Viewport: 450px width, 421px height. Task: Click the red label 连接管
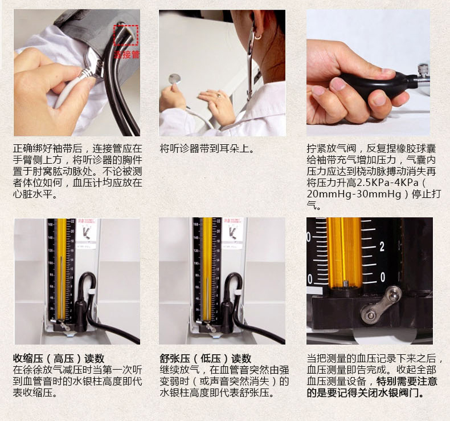126,54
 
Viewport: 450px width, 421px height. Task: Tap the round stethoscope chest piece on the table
174,79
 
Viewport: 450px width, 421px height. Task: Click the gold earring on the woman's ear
257,37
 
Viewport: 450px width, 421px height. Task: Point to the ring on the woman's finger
219,95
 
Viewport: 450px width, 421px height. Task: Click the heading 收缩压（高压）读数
59,359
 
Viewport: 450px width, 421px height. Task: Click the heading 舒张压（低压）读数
206,359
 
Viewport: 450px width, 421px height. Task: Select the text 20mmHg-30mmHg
354,195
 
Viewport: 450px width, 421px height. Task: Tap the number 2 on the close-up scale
382,247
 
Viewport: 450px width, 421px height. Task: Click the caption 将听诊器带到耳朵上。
207,149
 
